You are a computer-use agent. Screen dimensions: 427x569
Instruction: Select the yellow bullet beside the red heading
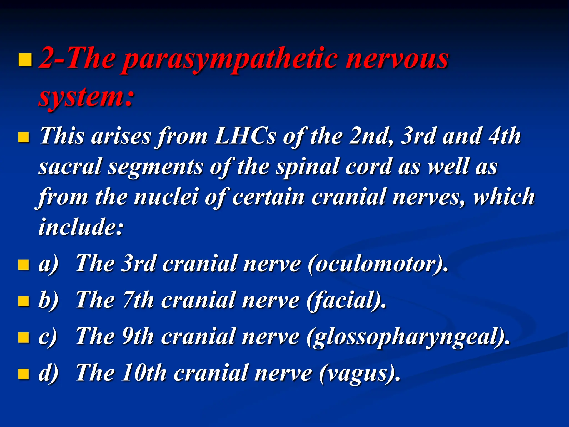[25, 60]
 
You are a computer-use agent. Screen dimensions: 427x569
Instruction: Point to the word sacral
[69, 167]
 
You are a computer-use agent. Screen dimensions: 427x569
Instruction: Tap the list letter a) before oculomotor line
[49, 264]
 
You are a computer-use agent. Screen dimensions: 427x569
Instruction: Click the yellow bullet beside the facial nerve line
[24, 301]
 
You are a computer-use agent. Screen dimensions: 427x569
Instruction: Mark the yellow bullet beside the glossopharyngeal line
[24, 337]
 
